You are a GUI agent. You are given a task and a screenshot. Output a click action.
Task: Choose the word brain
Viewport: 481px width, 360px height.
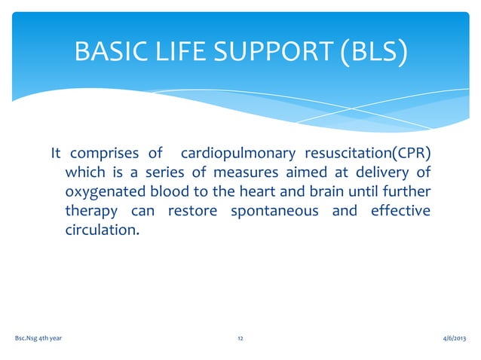coord(335,191)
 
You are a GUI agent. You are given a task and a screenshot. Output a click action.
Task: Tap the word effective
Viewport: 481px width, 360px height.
coord(400,210)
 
